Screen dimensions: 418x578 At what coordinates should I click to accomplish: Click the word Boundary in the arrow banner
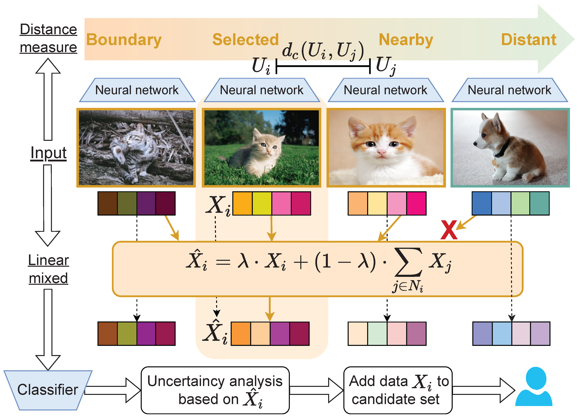(124, 40)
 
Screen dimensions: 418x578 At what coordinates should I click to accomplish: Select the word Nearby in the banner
(406, 40)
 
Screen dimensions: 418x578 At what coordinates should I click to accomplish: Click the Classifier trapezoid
(48, 390)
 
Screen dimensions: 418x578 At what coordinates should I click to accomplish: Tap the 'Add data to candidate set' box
(398, 390)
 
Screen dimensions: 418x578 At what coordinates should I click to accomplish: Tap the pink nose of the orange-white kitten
(382, 152)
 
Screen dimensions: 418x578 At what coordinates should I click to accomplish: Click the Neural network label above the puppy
(510, 90)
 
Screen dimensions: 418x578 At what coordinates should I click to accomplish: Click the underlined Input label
(48, 153)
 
